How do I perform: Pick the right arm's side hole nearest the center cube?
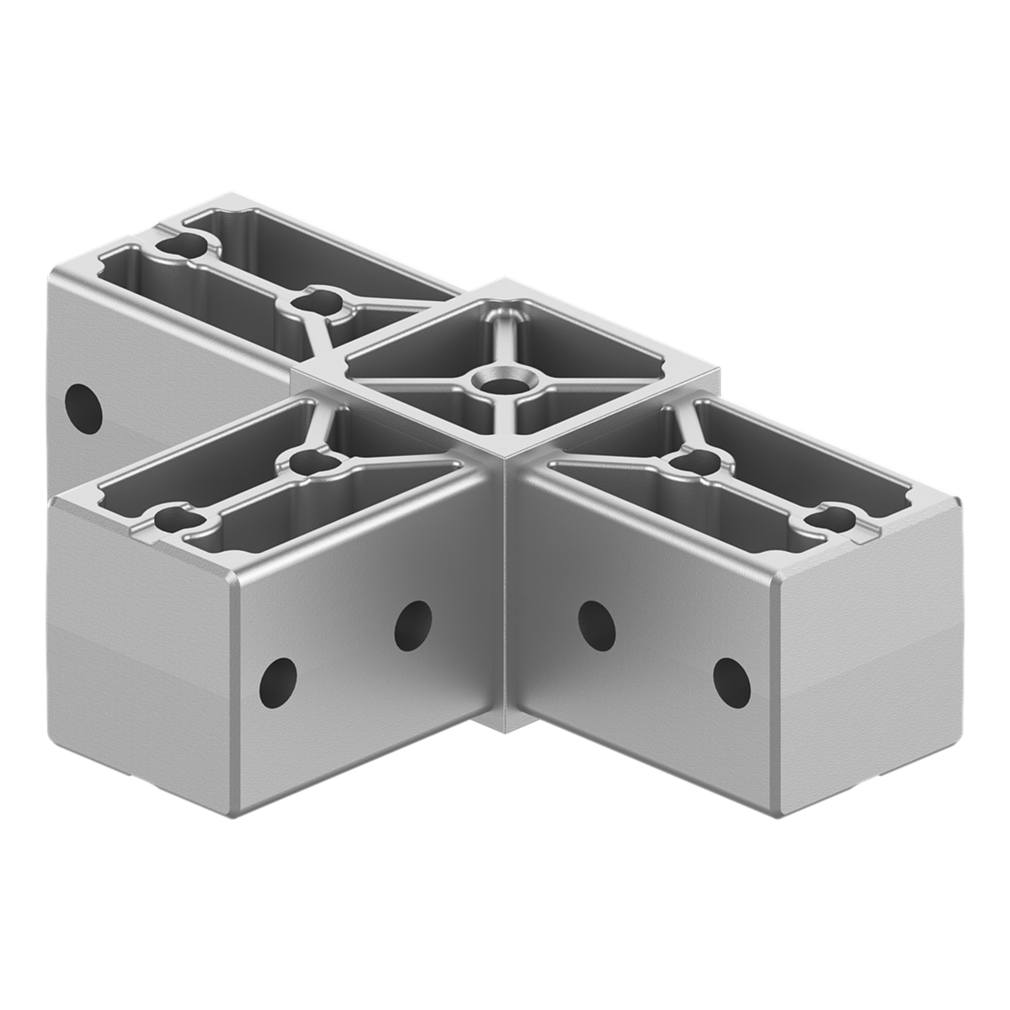(x=595, y=624)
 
